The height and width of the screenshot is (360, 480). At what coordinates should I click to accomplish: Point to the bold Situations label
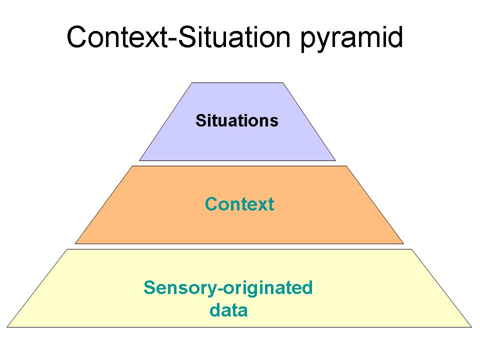click(x=236, y=120)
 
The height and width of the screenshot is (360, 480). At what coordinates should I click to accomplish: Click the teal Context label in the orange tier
click(x=239, y=204)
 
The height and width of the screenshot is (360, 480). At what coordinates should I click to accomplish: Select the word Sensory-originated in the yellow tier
click(x=228, y=288)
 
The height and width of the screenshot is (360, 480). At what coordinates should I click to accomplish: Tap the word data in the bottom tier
click(x=228, y=310)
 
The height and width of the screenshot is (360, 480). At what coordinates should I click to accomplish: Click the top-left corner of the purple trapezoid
click(x=192, y=83)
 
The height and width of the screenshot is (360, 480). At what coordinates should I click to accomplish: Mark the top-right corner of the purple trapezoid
click(x=283, y=83)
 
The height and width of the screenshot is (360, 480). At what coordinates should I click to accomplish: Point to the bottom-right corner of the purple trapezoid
click(x=335, y=160)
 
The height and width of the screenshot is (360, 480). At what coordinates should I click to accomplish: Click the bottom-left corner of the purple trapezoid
click(x=139, y=160)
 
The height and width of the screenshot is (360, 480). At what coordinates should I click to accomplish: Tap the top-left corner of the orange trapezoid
click(x=132, y=166)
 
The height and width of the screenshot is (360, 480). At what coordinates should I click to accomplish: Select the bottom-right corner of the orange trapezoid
click(x=403, y=243)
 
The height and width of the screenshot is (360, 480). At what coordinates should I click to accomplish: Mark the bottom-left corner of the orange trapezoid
click(x=75, y=243)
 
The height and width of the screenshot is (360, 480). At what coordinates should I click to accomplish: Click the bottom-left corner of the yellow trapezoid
click(x=7, y=327)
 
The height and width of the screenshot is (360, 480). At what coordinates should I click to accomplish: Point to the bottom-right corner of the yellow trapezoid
click(x=471, y=327)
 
